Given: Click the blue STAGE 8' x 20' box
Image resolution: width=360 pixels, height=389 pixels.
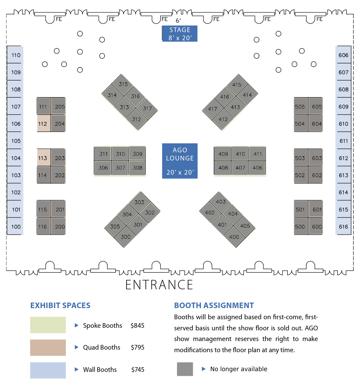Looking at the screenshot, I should (x=180, y=34).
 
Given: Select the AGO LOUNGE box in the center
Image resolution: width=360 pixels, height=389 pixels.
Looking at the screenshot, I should (x=180, y=161).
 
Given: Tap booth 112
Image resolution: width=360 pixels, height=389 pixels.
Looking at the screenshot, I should (x=43, y=124).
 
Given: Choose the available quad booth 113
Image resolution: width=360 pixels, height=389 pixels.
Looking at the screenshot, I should (x=43, y=158).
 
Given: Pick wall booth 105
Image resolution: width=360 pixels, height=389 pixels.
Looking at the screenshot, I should (x=16, y=141).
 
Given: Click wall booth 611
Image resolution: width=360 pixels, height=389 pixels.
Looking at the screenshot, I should (x=343, y=141).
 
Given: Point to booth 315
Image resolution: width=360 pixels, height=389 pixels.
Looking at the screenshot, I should (x=123, y=84).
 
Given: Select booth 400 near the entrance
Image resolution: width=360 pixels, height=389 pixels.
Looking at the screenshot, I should (x=234, y=237).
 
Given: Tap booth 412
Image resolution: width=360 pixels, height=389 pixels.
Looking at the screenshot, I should (x=223, y=119).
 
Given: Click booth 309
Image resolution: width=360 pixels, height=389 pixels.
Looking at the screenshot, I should (x=137, y=154).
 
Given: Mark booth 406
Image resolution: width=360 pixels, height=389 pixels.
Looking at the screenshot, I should (x=257, y=168).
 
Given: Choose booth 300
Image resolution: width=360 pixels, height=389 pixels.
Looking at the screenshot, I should (x=125, y=237).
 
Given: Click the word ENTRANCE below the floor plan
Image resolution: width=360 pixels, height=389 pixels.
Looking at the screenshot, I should (x=159, y=285).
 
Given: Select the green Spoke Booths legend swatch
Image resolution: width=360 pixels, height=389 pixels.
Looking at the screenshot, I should (x=48, y=325).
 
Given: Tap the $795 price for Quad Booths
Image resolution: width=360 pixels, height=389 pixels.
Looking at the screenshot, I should (x=138, y=347).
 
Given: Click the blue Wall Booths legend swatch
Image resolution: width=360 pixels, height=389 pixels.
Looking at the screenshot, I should (x=48, y=370).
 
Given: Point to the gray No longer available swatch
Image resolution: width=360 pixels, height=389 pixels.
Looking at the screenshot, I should (x=185, y=369).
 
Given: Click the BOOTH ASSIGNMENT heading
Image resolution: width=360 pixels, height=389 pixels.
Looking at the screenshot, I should (x=214, y=306).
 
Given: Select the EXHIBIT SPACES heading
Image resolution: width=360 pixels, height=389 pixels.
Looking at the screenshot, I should (x=60, y=306).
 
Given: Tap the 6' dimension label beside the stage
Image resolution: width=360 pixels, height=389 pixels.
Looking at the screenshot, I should (x=178, y=20).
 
